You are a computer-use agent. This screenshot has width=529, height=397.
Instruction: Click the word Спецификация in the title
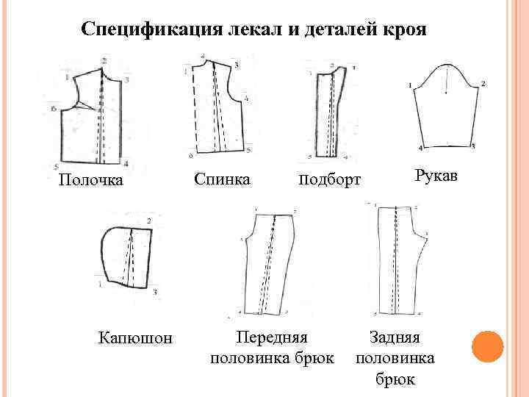pos(142,30)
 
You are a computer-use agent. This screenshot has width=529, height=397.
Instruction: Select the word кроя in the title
pos(401,30)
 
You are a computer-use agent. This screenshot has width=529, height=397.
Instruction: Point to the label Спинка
pos(222,179)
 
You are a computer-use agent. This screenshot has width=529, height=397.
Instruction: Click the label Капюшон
pos(135,337)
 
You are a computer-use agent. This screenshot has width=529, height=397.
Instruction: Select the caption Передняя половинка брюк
pos(272,348)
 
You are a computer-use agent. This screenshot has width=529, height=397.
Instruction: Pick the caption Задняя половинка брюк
pos(395,358)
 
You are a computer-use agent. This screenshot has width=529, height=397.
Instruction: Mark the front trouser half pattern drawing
pos(272,264)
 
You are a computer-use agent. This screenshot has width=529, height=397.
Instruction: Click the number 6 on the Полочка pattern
pos(54,109)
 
